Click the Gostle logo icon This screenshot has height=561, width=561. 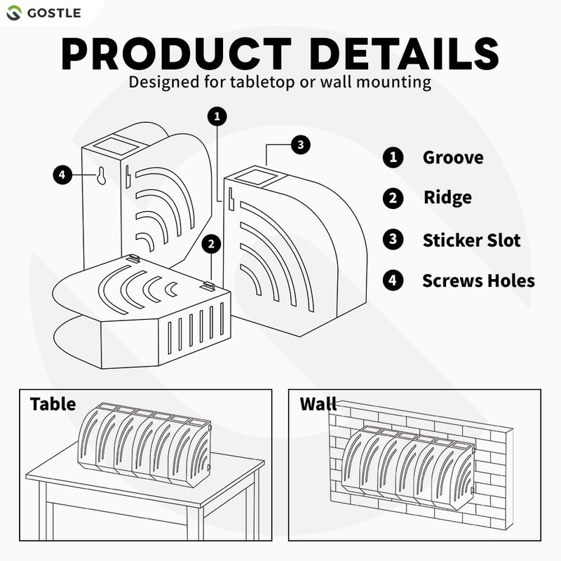15,13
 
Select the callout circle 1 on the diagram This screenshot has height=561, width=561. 218,116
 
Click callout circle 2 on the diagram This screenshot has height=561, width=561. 211,244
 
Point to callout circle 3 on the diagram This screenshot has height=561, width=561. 299,145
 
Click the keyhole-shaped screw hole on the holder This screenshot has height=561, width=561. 101,177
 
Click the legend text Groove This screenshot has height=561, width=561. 452,158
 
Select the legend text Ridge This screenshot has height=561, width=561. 447,198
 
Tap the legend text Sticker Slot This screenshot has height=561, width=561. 471,241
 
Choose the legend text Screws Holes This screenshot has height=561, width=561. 478,281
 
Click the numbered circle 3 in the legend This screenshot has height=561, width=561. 393,241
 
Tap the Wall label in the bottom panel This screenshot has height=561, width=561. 318,404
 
